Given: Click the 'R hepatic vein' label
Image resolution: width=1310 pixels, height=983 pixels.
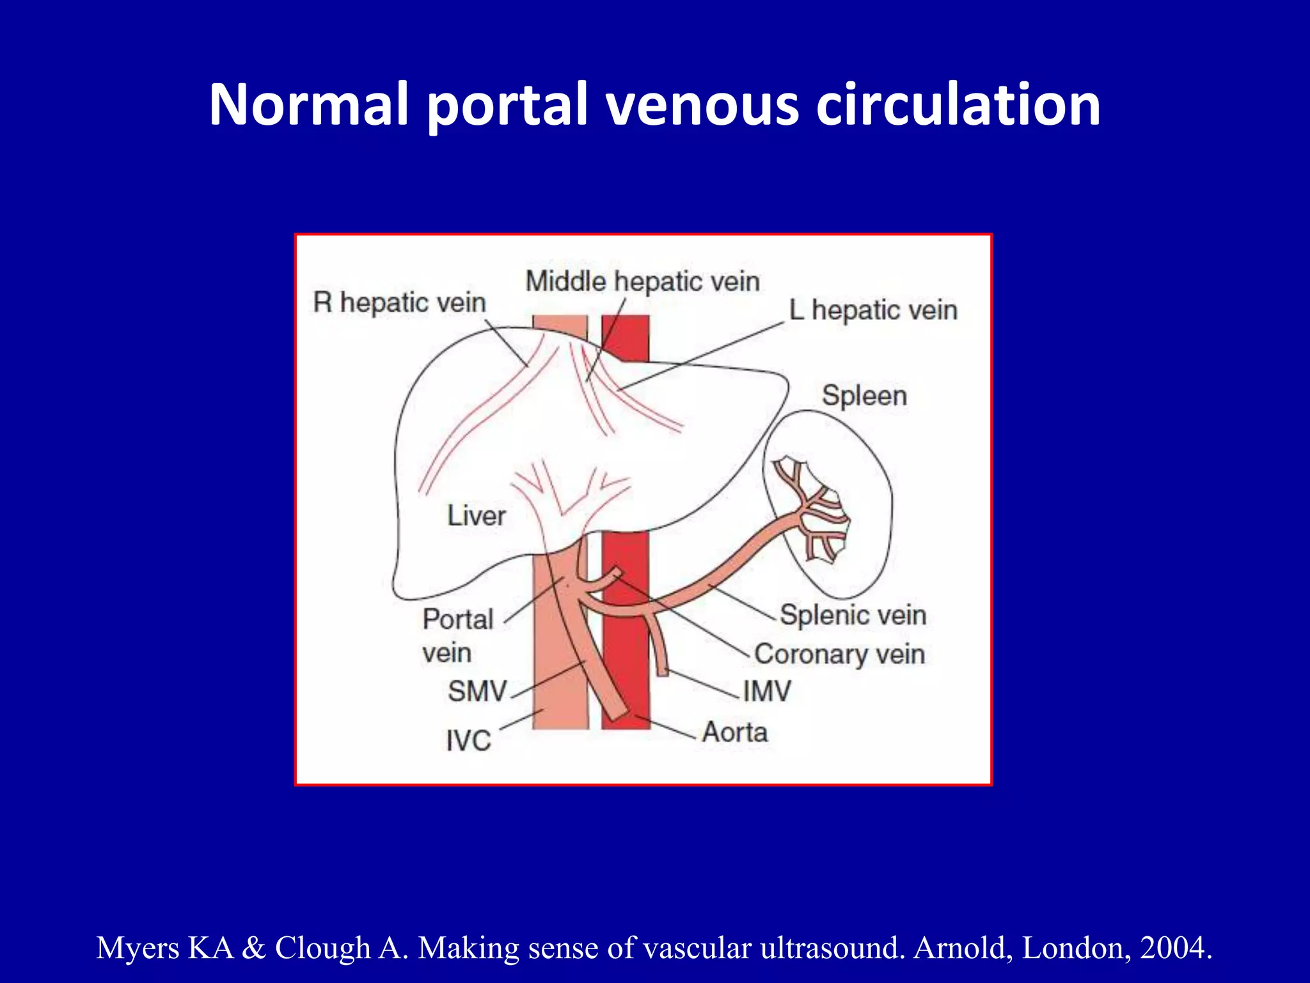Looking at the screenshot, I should coord(400,302).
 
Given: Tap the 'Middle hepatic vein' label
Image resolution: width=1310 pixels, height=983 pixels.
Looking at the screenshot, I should coord(642,282).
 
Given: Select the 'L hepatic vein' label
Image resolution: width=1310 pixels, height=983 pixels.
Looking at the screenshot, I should coord(873,310).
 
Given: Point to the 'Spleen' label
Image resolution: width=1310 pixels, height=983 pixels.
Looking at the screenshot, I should coord(864,396).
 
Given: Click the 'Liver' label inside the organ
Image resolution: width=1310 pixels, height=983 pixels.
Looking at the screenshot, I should coord(477,516).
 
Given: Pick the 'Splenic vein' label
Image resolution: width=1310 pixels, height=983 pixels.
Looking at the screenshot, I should coord(853,615).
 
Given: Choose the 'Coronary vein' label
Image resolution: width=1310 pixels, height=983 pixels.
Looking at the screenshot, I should coord(839,654).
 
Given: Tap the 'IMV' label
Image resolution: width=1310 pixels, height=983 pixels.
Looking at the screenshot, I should coord(767,691).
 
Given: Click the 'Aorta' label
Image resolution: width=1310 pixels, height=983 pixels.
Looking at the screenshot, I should coord(735,732).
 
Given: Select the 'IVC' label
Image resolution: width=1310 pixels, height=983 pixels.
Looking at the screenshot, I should coord(468,741).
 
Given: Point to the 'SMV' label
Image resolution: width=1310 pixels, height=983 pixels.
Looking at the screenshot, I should coord(477,691).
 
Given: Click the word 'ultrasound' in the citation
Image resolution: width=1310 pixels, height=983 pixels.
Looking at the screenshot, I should coord(832,948).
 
